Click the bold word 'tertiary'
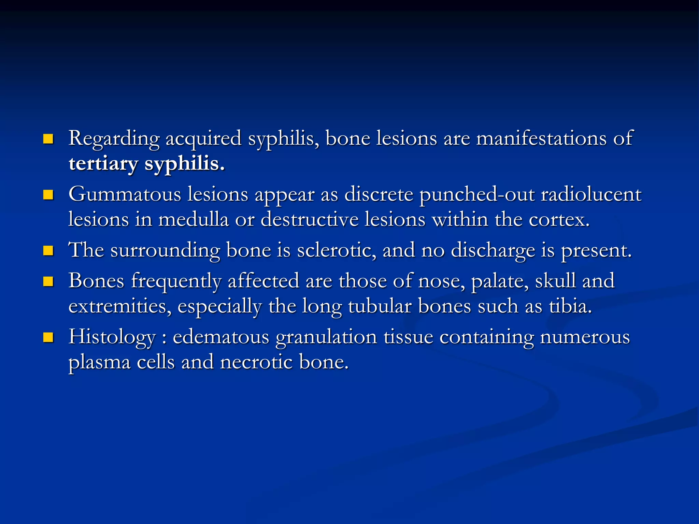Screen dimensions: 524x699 pyautogui.click(x=103, y=164)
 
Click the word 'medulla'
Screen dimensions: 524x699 pyautogui.click(x=193, y=219)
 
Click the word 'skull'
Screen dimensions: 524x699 pyautogui.click(x=555, y=281)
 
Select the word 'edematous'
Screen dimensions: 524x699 pyautogui.click(x=221, y=337)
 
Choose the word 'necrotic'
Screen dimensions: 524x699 pyautogui.click(x=256, y=362)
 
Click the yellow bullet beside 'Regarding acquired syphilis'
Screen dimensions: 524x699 pyautogui.click(x=48, y=139)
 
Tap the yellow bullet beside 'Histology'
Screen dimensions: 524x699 pyautogui.click(x=48, y=337)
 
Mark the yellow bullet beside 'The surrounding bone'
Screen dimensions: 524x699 pyautogui.click(x=48, y=251)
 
